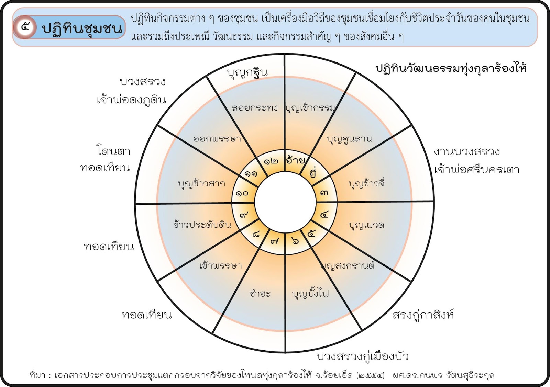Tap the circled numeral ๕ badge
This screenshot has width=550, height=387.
[25, 27]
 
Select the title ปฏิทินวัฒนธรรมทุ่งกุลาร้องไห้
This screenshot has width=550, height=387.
[451, 68]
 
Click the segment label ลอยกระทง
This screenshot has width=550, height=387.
[255, 108]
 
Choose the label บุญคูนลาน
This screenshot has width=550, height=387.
[349, 139]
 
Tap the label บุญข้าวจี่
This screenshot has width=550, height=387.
[366, 184]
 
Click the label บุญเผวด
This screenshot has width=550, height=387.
[366, 225]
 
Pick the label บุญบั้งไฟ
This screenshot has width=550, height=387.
[310, 294]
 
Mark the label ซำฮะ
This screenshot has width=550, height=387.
[260, 294]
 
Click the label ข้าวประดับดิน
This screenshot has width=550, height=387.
[202, 225]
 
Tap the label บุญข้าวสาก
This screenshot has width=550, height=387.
[202, 184]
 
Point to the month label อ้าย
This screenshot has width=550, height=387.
[295, 160]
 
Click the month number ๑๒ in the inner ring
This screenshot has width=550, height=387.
[271, 161]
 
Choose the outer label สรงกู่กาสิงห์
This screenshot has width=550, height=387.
[423, 315]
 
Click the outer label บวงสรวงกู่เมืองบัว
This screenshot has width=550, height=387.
[362, 356]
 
